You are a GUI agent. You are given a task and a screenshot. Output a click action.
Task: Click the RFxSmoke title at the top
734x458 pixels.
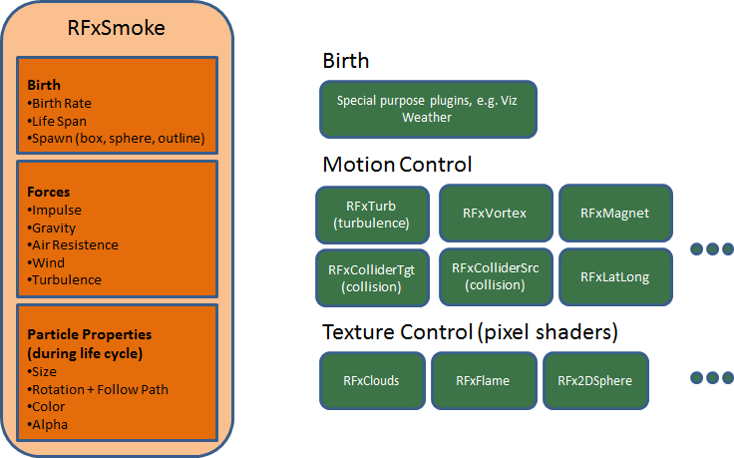(x=117, y=28)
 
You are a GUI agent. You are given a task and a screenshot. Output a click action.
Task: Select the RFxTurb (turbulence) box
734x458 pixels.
(x=372, y=215)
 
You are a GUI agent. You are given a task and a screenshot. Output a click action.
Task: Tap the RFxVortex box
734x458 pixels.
(x=495, y=213)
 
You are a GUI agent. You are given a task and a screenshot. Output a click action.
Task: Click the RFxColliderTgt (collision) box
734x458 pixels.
(x=372, y=277)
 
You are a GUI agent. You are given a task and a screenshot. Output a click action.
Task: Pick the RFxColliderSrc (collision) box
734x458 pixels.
(x=495, y=275)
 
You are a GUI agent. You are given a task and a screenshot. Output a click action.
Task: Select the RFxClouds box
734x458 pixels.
(x=370, y=380)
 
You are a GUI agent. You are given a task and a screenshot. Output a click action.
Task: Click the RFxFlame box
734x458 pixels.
(x=484, y=380)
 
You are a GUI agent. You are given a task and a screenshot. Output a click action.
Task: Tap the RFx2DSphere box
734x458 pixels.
(x=595, y=380)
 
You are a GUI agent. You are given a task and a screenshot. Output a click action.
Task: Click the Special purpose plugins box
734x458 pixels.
(x=428, y=109)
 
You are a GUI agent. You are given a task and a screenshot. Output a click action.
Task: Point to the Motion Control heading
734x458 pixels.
(x=397, y=164)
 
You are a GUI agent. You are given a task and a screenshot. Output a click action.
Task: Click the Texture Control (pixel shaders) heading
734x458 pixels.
(x=469, y=330)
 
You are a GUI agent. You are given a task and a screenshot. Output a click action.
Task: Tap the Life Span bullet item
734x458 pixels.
(x=59, y=120)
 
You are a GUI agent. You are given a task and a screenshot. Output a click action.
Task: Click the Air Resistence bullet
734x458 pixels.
(x=75, y=244)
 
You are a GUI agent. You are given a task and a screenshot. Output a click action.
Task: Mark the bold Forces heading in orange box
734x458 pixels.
(x=48, y=193)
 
